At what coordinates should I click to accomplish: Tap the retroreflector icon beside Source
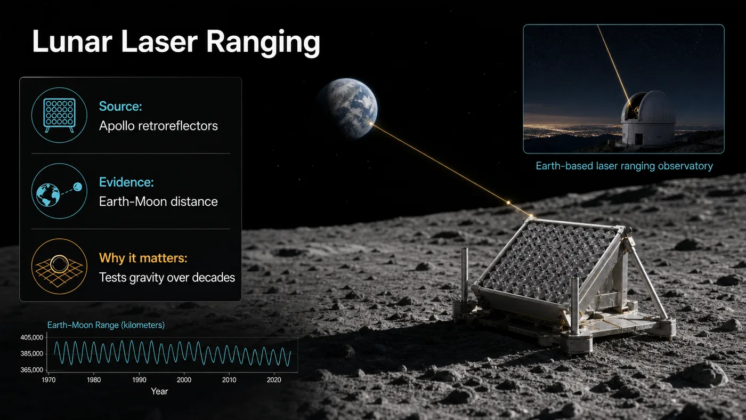pos(59,115)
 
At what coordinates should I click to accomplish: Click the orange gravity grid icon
pos(59,266)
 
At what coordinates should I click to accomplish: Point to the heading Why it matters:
pos(143,258)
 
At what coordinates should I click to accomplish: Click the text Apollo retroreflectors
pos(159,126)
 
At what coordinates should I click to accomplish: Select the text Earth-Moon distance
pos(159,201)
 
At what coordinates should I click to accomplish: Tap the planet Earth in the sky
pos(348,108)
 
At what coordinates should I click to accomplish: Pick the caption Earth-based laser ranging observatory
pos(624,166)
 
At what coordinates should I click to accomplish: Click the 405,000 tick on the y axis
pos(32,337)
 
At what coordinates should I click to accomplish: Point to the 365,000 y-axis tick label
pos(32,370)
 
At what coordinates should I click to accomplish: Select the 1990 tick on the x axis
pos(139,379)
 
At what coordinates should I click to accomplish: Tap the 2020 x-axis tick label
pos(274,379)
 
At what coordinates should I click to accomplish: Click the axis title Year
pos(159,391)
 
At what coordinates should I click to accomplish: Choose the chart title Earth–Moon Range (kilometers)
pos(106,325)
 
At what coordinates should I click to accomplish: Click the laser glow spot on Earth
pos(371,124)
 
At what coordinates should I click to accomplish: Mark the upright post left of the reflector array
pos(464,275)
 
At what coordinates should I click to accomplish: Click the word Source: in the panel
pos(120,107)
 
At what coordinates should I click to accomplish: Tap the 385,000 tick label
pos(32,354)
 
